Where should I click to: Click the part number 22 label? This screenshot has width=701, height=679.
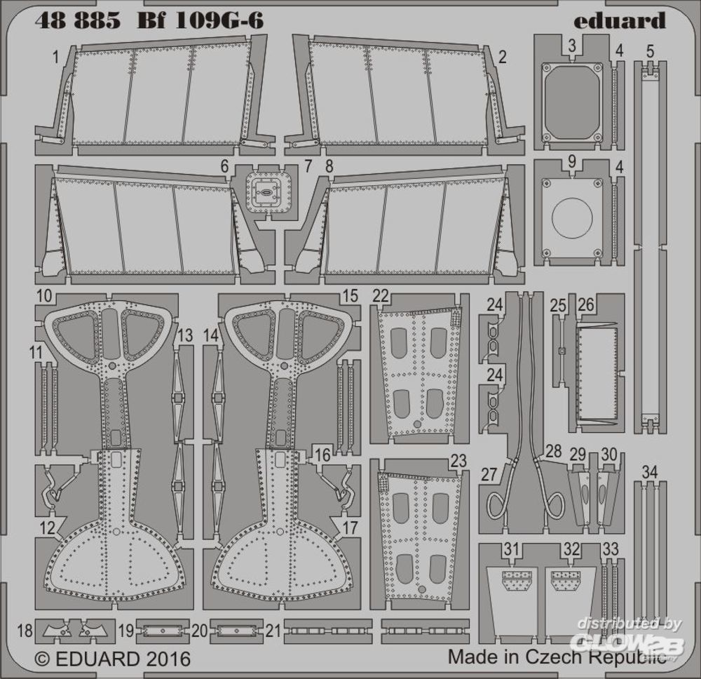[x=381, y=295]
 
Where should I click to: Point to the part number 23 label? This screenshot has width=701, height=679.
[x=458, y=461]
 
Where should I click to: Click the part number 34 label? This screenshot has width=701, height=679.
[x=650, y=472]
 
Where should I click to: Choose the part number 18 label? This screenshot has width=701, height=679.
[x=25, y=631]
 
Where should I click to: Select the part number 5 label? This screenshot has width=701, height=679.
[x=650, y=51]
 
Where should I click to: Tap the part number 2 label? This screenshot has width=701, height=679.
[x=502, y=56]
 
